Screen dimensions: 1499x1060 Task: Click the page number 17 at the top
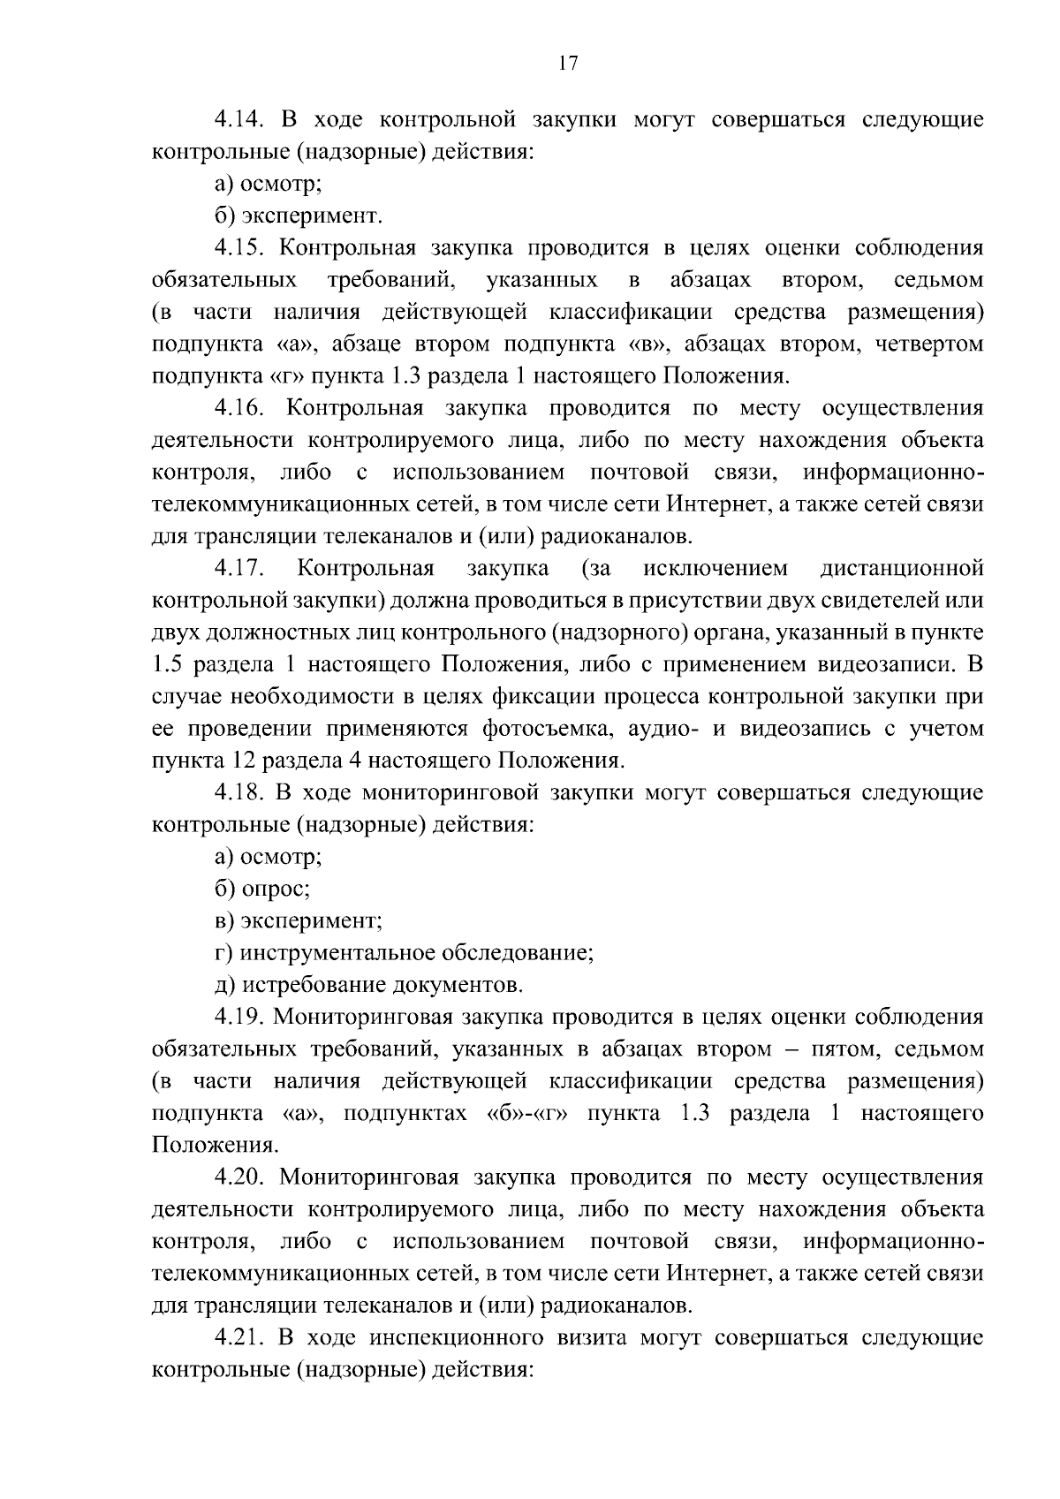(568, 63)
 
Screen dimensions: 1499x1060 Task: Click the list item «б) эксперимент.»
(299, 216)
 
